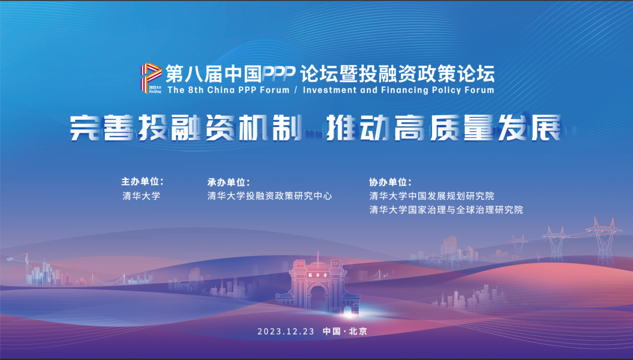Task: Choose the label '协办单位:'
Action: click(390, 182)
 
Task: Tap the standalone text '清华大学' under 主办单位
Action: click(141, 196)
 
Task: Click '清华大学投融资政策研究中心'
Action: click(270, 196)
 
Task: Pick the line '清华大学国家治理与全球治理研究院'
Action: click(446, 209)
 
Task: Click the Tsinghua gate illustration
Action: click(317, 285)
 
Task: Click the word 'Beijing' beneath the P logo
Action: click(155, 92)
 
